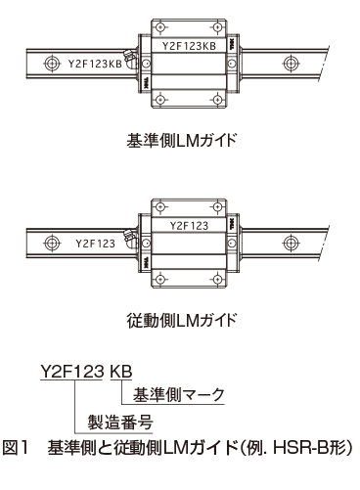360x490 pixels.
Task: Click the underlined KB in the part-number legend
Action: click(x=119, y=372)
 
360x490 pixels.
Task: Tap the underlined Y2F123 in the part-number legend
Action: click(x=73, y=372)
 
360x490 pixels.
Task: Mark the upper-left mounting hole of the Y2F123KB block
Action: click(x=157, y=26)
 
